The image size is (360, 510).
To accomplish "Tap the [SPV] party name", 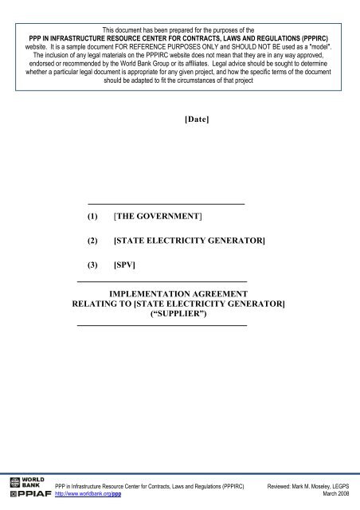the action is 127,264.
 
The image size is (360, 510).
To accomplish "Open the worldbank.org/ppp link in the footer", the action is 88,494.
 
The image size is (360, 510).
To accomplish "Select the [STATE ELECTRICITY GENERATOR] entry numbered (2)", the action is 189,240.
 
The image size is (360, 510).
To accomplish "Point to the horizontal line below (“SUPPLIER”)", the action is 161,325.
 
